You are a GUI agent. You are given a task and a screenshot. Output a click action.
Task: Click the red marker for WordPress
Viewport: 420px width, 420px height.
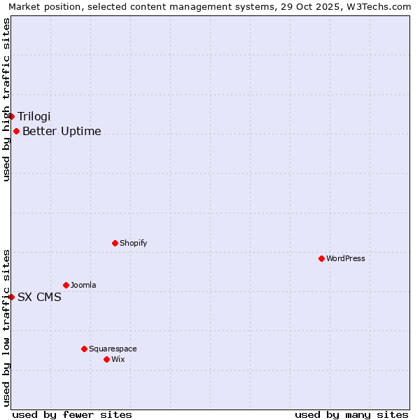point(321,258)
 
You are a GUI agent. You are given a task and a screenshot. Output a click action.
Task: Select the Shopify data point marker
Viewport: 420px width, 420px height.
point(115,243)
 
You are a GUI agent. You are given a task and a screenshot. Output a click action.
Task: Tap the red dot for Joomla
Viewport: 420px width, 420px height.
point(66,285)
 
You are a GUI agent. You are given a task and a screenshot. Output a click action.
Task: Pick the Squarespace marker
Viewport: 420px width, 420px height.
point(84,349)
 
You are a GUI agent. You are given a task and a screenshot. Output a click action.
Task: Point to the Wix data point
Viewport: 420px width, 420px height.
point(106,359)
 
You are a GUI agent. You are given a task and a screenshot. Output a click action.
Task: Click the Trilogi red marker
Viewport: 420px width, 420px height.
point(12,116)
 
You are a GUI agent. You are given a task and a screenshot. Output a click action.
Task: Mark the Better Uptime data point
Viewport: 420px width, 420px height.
point(16,131)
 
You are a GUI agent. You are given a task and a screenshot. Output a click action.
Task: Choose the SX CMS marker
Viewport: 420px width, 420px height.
point(12,297)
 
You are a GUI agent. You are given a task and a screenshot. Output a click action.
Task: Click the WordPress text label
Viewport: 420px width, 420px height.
point(346,258)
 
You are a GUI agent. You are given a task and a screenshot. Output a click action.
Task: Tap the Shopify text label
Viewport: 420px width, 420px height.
point(133,243)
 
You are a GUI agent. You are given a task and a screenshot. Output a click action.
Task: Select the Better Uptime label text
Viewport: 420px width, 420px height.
point(62,131)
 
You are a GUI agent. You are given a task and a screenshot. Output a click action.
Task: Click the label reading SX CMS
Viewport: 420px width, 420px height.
point(39,297)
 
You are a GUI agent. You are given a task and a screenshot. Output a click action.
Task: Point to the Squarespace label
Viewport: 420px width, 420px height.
point(113,349)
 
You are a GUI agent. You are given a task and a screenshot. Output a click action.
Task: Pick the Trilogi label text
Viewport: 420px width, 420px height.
point(34,116)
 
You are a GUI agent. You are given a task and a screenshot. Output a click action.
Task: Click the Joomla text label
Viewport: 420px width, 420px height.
point(83,285)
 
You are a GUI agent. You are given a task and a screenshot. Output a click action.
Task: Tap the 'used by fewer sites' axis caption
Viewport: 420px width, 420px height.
point(72,414)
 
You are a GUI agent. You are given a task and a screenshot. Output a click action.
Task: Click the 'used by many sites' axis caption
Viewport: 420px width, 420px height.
point(351,414)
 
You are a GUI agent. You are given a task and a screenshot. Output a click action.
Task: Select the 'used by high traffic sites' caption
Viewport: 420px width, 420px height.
point(6,99)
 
